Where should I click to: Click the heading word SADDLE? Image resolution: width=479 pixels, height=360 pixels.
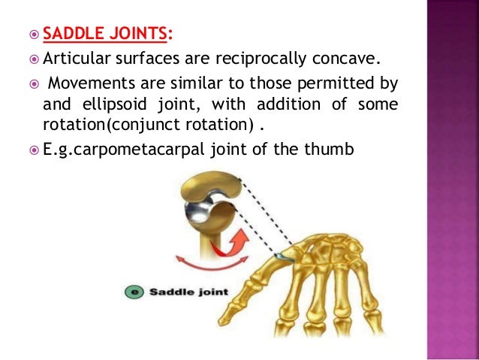70,33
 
